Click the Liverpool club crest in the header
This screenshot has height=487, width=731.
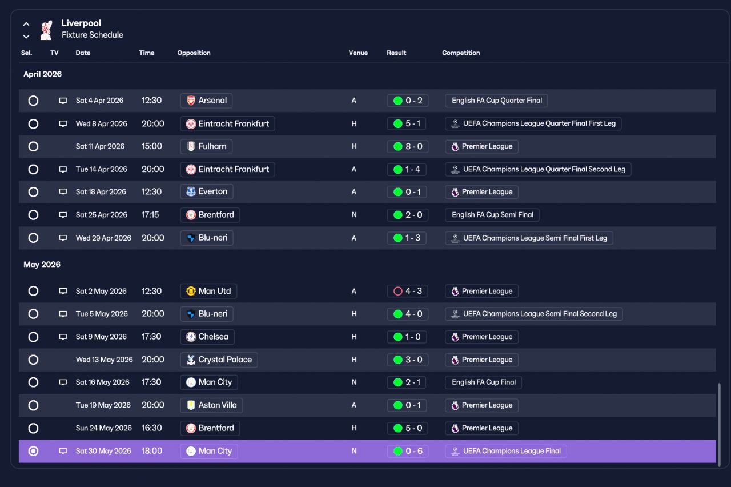click(x=46, y=30)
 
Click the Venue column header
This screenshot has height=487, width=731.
click(x=358, y=53)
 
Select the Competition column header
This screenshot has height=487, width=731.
click(x=461, y=53)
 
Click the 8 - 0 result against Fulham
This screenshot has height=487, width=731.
click(x=408, y=147)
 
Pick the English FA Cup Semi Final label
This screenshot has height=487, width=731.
click(x=492, y=215)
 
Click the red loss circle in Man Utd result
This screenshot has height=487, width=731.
click(x=398, y=291)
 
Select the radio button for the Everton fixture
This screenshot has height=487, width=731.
click(x=33, y=192)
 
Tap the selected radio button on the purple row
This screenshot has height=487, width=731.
click(x=33, y=451)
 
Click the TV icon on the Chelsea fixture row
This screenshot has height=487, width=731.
click(x=63, y=337)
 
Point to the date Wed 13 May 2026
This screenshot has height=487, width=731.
click(x=105, y=360)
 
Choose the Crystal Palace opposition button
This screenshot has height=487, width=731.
click(x=219, y=360)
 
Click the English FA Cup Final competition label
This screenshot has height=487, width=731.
click(x=483, y=382)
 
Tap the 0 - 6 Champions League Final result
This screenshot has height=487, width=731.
click(x=408, y=451)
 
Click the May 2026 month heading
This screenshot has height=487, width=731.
click(x=42, y=264)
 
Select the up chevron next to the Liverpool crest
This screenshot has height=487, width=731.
click(x=26, y=24)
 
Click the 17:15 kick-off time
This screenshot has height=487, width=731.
click(x=150, y=215)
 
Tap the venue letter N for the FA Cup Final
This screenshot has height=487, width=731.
click(x=354, y=382)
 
